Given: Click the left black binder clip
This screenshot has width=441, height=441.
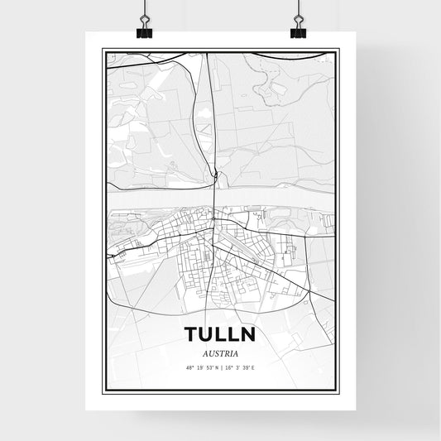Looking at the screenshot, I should point(146,31).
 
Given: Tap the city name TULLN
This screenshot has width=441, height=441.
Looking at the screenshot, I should point(220,334).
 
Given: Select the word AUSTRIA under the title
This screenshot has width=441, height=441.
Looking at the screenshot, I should point(220,351).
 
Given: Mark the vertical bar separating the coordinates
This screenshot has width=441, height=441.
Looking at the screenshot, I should point(221,366).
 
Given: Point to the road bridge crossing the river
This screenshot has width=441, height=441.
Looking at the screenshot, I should point(214,198).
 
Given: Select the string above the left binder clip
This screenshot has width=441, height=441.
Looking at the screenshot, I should point(146,8).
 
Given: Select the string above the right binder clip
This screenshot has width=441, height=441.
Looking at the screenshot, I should point(297,8).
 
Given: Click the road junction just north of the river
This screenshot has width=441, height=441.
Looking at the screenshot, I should point(214,175).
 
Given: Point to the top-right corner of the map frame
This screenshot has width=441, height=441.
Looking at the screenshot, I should point(339,49).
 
